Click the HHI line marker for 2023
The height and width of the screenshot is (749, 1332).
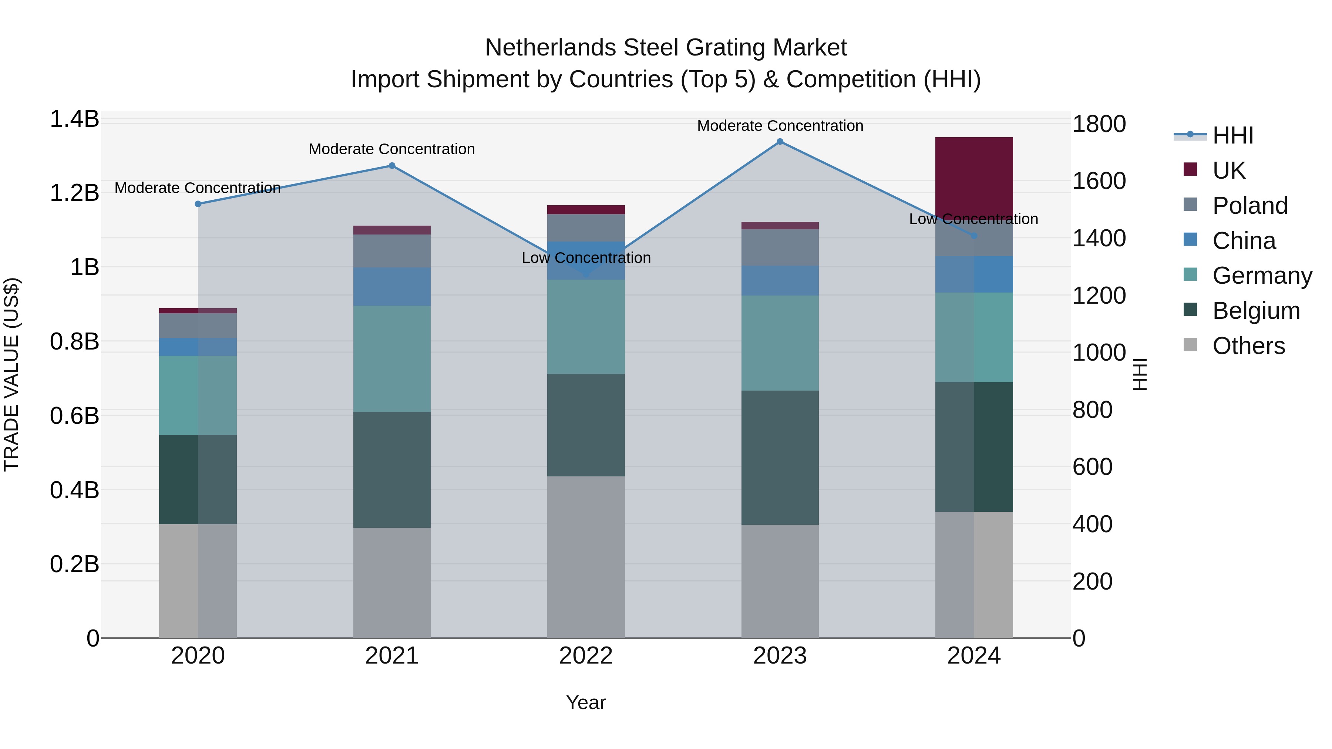pos(780,142)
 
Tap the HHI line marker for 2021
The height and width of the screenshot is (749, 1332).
pos(392,166)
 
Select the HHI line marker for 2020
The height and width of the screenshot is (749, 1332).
pos(198,204)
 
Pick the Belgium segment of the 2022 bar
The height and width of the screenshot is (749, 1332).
pos(586,425)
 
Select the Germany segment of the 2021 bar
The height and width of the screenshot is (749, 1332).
pos(392,359)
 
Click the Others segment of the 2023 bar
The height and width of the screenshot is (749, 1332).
pos(780,581)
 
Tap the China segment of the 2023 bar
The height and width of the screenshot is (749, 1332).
pos(780,281)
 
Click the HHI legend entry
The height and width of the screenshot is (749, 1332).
pos(1233,135)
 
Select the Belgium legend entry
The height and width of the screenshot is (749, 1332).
pos(1255,311)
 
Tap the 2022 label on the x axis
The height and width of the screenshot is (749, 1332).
pos(586,656)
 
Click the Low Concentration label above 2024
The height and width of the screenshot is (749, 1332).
pos(973,219)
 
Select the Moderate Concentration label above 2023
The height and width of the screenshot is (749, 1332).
pos(780,126)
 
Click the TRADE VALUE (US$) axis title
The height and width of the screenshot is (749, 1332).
pos(11,374)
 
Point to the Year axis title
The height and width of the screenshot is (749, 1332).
pos(586,702)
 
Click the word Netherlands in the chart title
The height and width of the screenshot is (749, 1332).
pos(551,48)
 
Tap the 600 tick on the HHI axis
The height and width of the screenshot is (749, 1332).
pos(1092,467)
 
